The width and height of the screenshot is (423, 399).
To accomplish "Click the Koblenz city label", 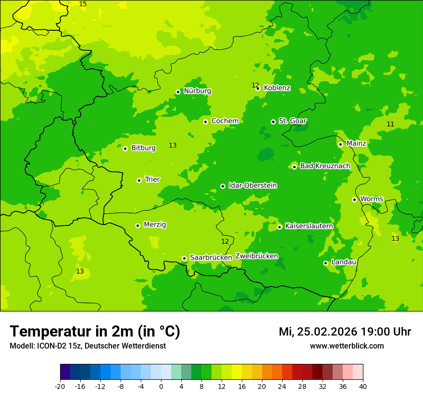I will point(277,88).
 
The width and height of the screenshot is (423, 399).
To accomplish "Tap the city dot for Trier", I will point(139,180).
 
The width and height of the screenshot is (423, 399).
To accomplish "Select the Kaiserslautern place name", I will point(309,226).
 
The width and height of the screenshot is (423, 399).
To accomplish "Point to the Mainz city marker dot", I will point(340,144).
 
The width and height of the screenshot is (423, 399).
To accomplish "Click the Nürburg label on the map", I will point(197,91).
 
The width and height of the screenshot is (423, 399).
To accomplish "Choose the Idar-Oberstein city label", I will point(252,186).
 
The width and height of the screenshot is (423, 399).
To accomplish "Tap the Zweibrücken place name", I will point(257,256).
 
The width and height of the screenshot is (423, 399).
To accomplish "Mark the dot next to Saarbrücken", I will point(184,258).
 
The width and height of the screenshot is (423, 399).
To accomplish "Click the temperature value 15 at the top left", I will point(83,4).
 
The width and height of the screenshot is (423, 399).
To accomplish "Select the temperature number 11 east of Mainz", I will point(390,125).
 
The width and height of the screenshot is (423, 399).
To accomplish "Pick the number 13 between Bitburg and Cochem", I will point(173,146).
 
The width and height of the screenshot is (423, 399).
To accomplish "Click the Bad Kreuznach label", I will point(325,166).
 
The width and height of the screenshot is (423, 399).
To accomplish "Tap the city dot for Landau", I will point(325,263).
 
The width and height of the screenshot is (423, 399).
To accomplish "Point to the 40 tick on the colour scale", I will point(363,386).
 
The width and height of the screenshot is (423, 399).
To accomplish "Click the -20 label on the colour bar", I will point(60,386).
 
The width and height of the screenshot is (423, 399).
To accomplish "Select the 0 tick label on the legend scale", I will point(161,386).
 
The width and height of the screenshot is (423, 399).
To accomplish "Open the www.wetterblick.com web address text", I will point(347,346).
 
